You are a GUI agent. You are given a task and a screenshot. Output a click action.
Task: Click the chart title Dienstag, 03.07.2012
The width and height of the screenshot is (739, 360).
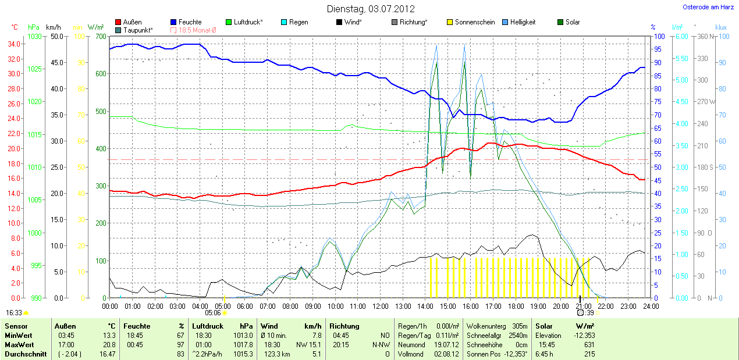370,9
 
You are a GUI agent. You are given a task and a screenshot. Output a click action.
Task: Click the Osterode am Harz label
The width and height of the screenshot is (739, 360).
708,8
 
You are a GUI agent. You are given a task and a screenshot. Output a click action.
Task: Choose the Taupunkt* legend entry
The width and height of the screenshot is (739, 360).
138,30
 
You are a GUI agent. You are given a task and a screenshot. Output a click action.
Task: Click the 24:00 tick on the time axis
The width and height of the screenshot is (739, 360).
651,306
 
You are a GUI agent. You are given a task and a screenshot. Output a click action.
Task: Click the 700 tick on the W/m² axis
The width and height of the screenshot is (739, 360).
100,37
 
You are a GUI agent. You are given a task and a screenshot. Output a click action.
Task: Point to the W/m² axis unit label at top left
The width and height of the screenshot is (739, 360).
95,27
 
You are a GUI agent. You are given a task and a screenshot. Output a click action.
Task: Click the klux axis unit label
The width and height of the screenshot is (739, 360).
721,27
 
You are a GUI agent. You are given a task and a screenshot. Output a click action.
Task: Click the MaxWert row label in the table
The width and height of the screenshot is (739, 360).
18,344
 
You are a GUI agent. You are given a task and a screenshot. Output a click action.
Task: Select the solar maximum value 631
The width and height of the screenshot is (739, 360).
589,344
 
